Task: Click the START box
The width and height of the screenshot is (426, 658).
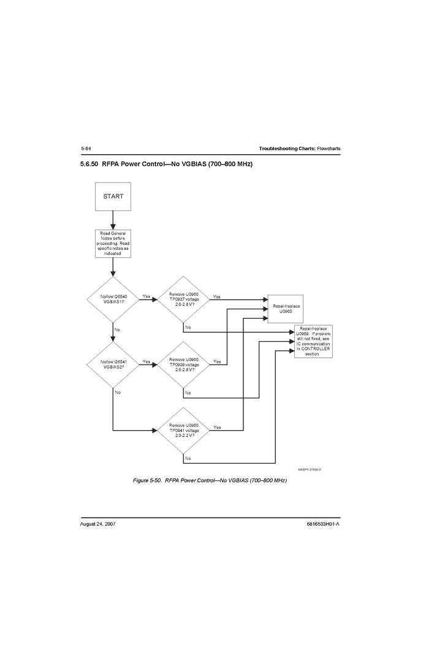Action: (x=113, y=197)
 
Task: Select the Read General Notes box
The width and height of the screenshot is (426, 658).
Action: (x=113, y=243)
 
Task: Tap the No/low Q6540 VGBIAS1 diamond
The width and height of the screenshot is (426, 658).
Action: (x=113, y=299)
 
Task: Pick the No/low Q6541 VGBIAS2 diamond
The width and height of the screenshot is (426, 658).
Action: (x=113, y=365)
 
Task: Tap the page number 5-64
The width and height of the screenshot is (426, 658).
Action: (x=86, y=149)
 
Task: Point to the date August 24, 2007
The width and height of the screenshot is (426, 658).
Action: (x=98, y=525)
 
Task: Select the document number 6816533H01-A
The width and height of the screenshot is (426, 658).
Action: (x=323, y=525)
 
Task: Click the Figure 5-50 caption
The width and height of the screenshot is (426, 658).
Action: (x=210, y=480)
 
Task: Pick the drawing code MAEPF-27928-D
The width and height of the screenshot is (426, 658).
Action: (x=310, y=469)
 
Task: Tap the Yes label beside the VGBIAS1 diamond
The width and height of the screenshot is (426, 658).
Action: (x=146, y=297)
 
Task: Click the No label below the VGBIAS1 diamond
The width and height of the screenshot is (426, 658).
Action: (x=116, y=330)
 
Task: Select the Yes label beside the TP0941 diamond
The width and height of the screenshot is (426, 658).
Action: (x=217, y=427)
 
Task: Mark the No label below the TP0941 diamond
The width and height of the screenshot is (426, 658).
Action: (x=188, y=458)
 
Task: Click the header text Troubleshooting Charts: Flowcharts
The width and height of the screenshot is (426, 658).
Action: (x=299, y=149)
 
